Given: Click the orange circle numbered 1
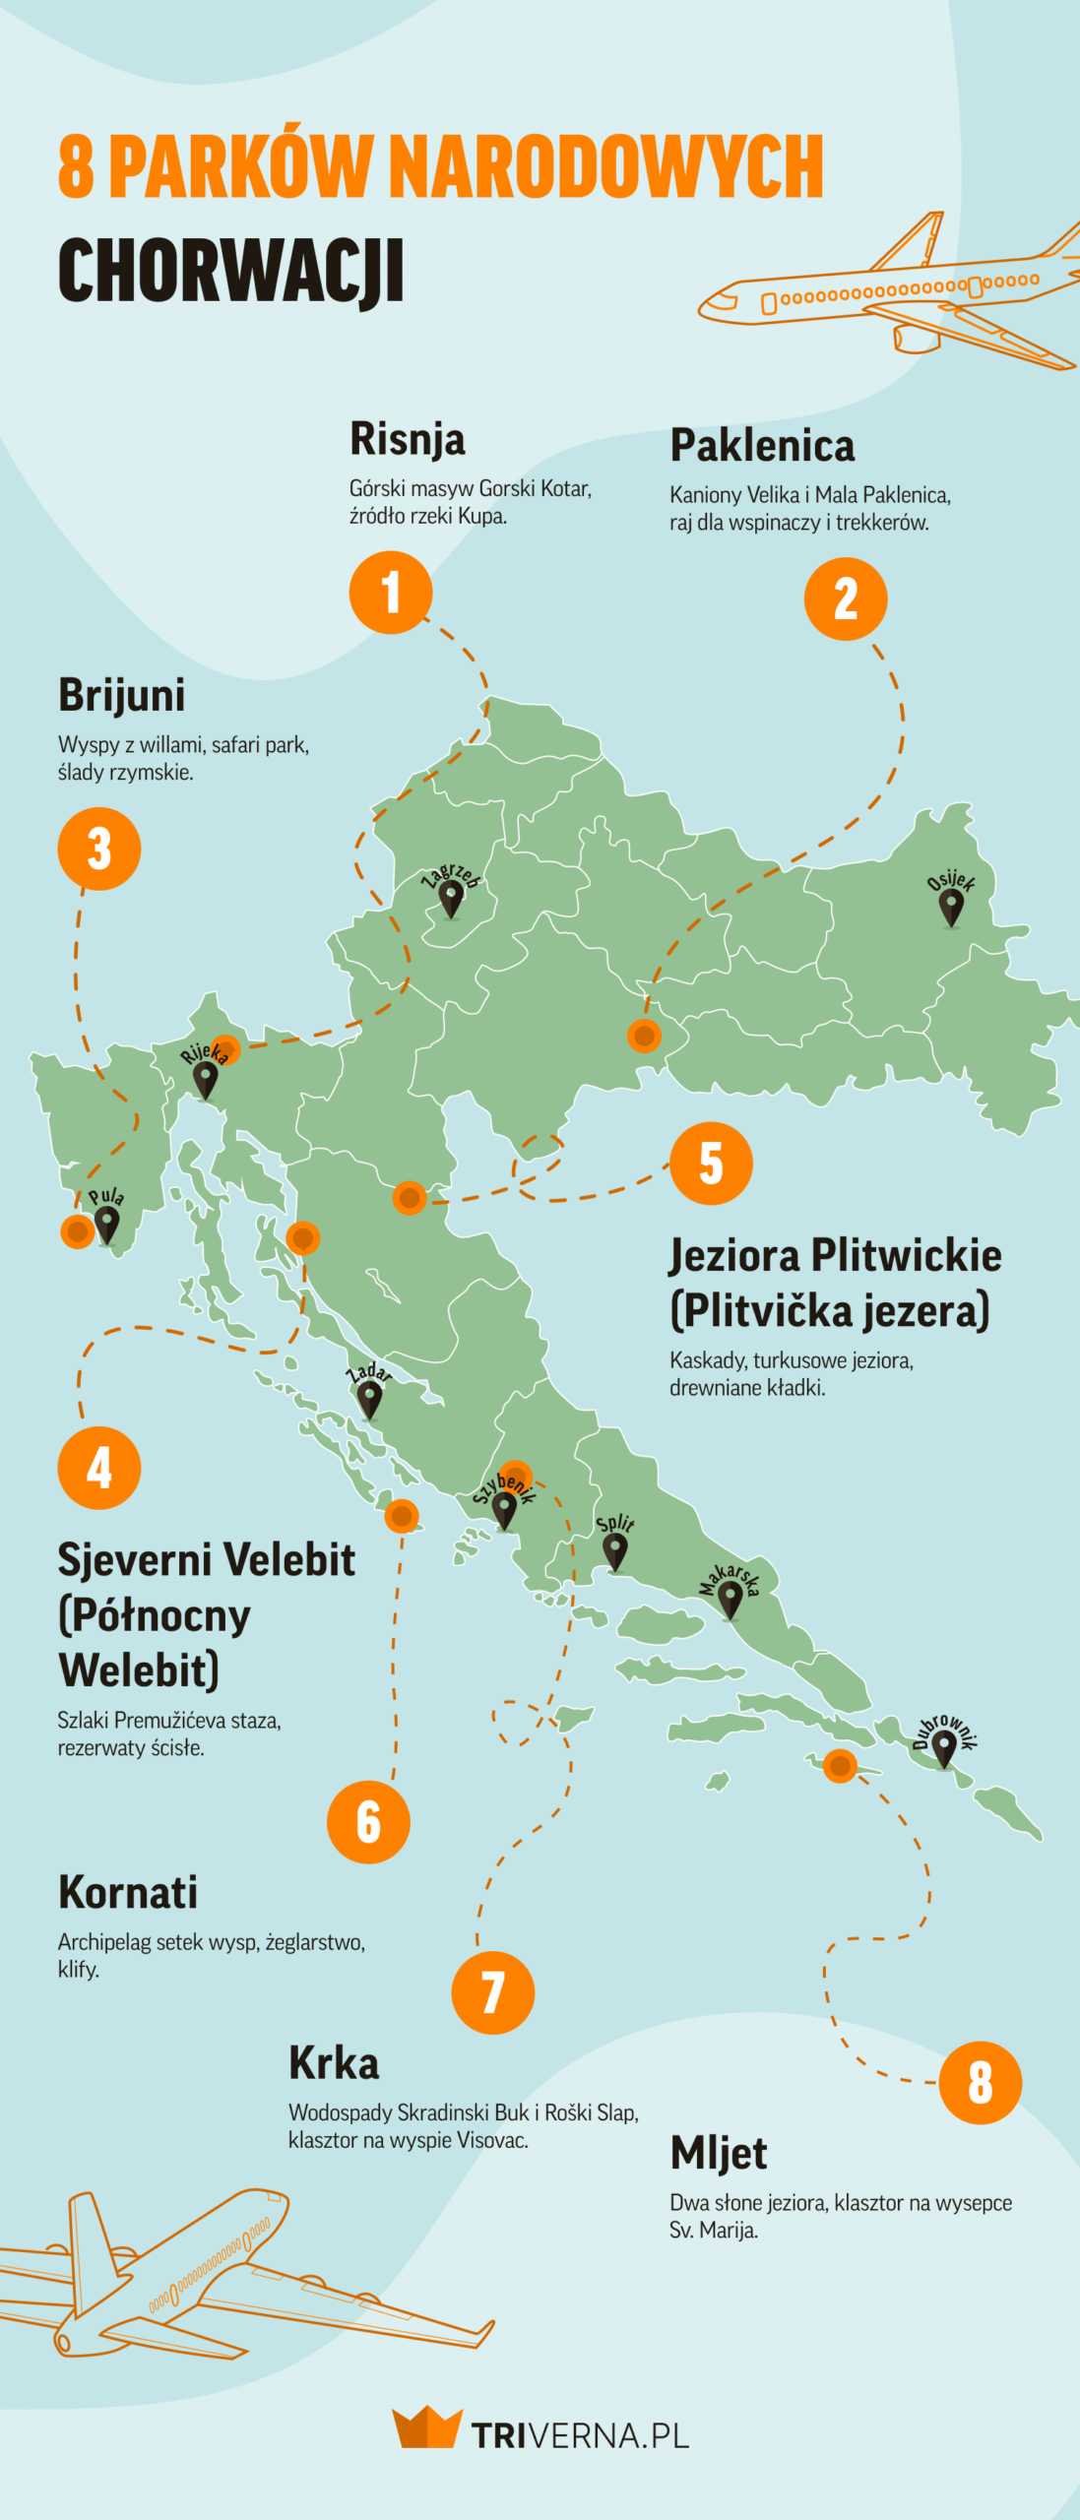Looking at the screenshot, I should (x=391, y=592).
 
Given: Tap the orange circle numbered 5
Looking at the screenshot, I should (x=711, y=1163).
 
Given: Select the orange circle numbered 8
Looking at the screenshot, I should (x=980, y=2082).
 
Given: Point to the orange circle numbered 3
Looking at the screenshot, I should (x=99, y=848).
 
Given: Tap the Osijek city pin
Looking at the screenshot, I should (x=951, y=908).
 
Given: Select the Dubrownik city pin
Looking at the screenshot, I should (x=943, y=1748).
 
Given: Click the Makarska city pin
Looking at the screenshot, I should (x=730, y=1599).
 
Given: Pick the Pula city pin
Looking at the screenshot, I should (x=105, y=1225).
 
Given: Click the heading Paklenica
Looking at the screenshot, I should (x=762, y=446).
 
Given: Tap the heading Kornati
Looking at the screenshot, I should (x=128, y=1892).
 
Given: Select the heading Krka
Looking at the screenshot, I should (x=334, y=2063).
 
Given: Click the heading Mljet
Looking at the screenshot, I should (x=718, y=2153).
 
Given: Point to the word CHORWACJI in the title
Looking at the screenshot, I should (x=230, y=271).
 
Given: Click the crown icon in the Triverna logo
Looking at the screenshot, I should (x=426, y=2427).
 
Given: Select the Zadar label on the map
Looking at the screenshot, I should (x=369, y=1372).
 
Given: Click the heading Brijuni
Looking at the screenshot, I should (x=121, y=695).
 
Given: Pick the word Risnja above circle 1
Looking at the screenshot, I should (x=407, y=439).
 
